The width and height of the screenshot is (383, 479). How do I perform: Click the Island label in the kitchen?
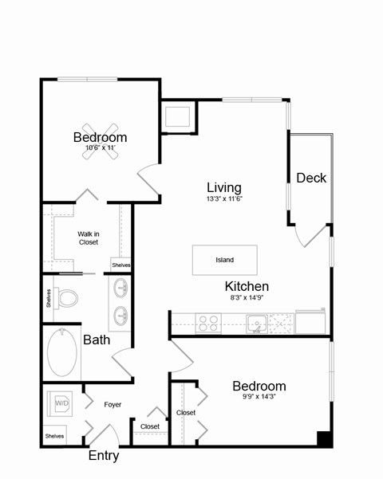(224, 260)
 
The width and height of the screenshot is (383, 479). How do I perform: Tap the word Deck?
(311, 178)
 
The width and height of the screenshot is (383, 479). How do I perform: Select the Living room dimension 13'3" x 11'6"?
(223, 198)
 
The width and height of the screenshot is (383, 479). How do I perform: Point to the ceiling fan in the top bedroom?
(101, 142)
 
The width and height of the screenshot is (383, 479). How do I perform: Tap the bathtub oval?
(64, 355)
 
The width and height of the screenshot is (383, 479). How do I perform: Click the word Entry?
(104, 457)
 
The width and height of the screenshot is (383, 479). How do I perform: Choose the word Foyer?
(113, 405)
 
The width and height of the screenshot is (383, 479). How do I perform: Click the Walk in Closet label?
(88, 238)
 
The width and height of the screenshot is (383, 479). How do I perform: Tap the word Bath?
(97, 340)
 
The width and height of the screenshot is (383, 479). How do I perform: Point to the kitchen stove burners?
(208, 323)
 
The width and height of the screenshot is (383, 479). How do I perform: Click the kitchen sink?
(256, 323)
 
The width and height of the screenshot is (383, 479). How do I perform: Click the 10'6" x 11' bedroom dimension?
(101, 148)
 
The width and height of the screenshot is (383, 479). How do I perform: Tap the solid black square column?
(324, 438)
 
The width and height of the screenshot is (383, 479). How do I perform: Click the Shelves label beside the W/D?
(54, 436)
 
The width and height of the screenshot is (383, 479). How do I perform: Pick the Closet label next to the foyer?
(149, 426)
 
